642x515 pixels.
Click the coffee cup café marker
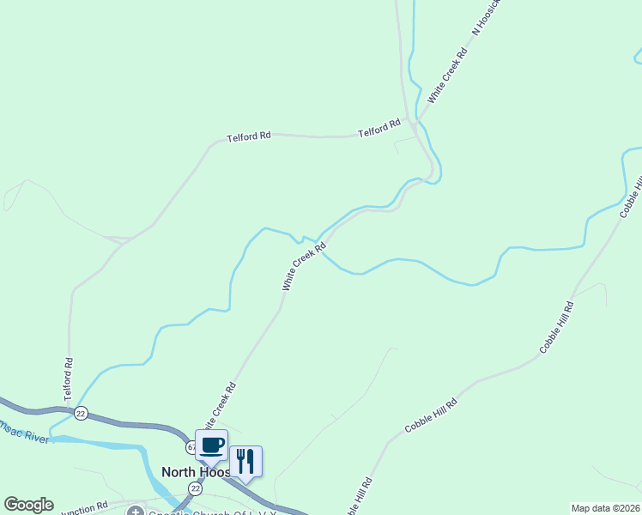212,445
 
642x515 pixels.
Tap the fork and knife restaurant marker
245,461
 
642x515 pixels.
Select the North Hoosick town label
197,472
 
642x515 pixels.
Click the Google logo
28,505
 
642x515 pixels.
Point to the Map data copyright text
605,508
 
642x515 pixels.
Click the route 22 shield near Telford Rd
82,412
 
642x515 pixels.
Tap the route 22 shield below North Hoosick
196,488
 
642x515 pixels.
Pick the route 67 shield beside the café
191,448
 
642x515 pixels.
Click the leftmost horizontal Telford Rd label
249,136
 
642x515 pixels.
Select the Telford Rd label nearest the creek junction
379,129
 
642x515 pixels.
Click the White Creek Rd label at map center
304,266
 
